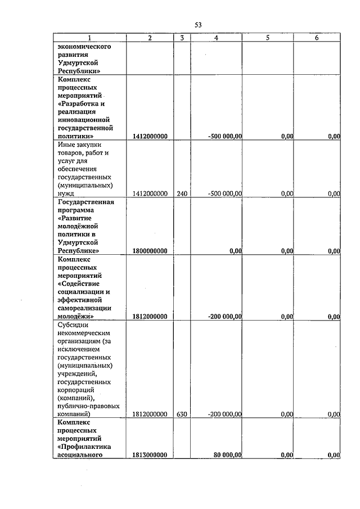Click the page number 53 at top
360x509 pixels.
pos(198,25)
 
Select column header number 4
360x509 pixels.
pos(217,38)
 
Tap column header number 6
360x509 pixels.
pos(317,38)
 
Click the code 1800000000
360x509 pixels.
pos(150,251)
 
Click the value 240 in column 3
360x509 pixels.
pos(182,193)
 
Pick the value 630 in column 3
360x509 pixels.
pos(182,414)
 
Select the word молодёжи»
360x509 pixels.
pos(76,317)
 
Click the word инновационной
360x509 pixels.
pos(85,120)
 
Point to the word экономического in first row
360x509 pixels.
pos(84,47)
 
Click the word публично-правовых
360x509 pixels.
pos(88,406)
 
